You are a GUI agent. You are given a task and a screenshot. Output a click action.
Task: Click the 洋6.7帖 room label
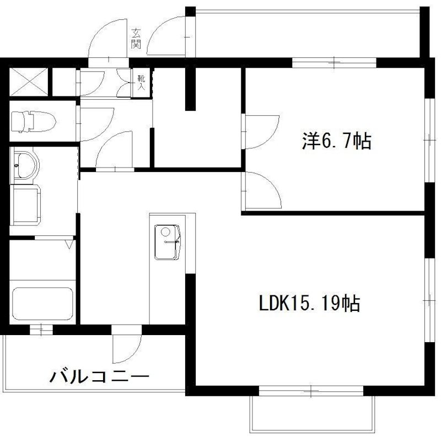coord(336,142)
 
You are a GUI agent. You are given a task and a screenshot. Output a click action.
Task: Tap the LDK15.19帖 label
coord(310,303)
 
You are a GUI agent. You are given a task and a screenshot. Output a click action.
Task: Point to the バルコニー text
coord(100,378)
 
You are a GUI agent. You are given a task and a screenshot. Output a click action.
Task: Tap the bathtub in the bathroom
coord(43,305)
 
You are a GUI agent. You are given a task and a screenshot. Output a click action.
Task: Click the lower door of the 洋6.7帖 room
coord(260,188)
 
